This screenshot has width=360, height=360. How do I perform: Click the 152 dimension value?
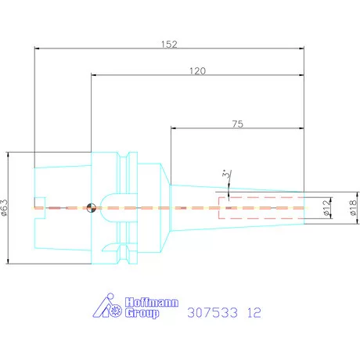click(x=169, y=44)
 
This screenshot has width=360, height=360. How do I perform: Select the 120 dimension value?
click(x=197, y=70)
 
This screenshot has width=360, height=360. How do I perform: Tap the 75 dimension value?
click(x=238, y=124)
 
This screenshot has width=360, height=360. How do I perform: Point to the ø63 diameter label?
click(x=4, y=207)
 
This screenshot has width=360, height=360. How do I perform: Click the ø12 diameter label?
click(x=326, y=207)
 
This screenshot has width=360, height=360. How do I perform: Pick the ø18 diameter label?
click(x=353, y=207)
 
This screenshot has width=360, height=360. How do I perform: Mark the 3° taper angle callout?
click(x=227, y=174)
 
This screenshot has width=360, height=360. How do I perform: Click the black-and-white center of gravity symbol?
click(x=91, y=208)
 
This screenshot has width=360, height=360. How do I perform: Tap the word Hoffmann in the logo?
click(x=152, y=302)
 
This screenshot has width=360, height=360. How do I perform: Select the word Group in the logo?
click(x=142, y=313)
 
